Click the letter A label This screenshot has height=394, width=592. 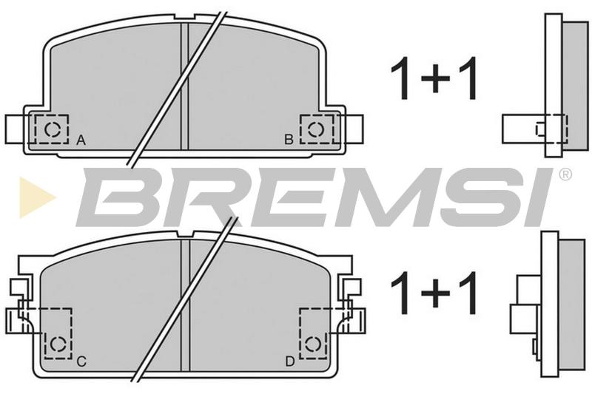[x=81, y=140]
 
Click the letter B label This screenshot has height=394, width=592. [x=289, y=140]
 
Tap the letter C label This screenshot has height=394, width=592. [x=81, y=361]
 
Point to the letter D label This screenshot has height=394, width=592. [x=289, y=362]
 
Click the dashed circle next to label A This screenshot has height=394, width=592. [x=52, y=129]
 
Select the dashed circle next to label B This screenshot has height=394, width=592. [x=316, y=129]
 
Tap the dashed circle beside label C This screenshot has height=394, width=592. [x=58, y=343]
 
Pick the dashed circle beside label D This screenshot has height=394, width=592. [x=312, y=344]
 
